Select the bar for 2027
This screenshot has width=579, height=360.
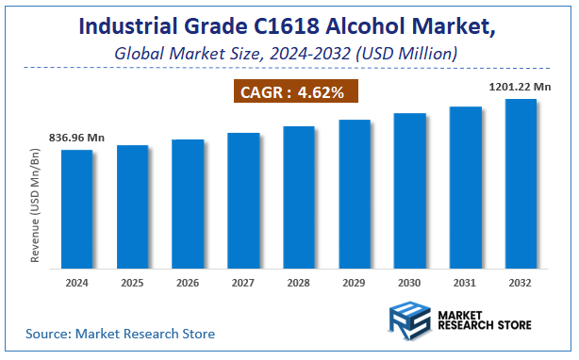[x=243, y=199]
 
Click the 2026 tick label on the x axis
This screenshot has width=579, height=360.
[x=188, y=281]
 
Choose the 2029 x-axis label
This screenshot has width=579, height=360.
[x=355, y=281]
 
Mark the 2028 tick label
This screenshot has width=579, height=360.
[x=299, y=281]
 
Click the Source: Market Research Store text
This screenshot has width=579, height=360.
[x=120, y=334]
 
